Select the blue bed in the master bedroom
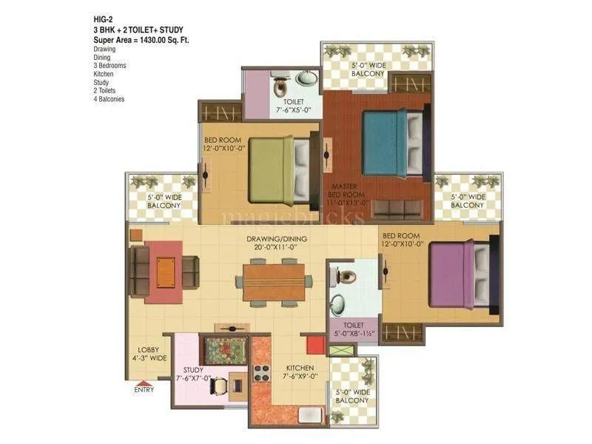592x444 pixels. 381,143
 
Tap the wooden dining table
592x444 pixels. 274,282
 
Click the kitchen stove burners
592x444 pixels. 261,372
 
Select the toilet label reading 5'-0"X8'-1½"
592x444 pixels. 353,329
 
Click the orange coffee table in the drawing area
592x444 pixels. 165,272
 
